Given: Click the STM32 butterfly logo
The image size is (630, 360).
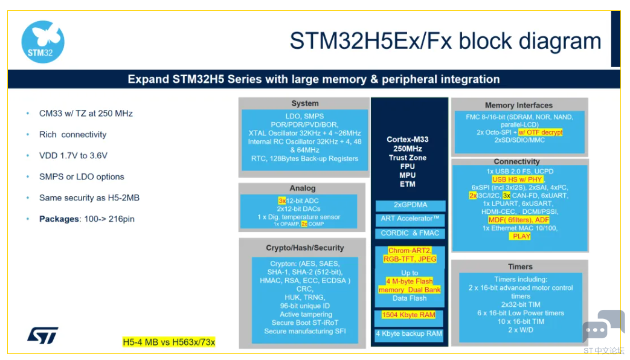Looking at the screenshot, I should pyautogui.click(x=43, y=42).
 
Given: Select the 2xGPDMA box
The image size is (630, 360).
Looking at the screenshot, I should pyautogui.click(x=410, y=205).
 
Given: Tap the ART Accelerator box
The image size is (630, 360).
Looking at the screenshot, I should pyautogui.click(x=410, y=219).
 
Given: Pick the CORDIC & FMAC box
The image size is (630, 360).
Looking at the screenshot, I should pyautogui.click(x=410, y=233).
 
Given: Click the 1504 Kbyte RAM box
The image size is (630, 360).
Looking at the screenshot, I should pyautogui.click(x=408, y=315).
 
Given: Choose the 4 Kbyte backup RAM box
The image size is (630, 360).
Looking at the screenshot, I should pyautogui.click(x=409, y=333).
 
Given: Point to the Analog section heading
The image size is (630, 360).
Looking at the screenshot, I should pyautogui.click(x=303, y=188).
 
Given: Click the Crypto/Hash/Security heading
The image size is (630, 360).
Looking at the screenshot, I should pyautogui.click(x=304, y=248).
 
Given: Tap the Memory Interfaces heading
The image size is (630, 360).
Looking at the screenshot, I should pyautogui.click(x=518, y=105).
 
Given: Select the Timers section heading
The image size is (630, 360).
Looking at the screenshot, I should pyautogui.click(x=520, y=266).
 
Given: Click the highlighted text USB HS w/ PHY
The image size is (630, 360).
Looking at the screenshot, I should pyautogui.click(x=518, y=179).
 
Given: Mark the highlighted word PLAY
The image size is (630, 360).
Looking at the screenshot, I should pyautogui.click(x=520, y=236).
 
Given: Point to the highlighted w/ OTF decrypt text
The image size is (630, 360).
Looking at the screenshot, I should pyautogui.click(x=540, y=132).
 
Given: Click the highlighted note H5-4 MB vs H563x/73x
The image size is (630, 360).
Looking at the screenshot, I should pyautogui.click(x=169, y=342).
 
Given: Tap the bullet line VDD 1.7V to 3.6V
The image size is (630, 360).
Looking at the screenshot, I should pyautogui.click(x=73, y=155).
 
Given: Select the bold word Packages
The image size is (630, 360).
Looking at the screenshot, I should pyautogui.click(x=59, y=219).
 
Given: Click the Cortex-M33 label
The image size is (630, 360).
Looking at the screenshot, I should pyautogui.click(x=408, y=140).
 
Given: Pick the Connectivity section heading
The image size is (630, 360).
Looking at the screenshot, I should pyautogui.click(x=516, y=161).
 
